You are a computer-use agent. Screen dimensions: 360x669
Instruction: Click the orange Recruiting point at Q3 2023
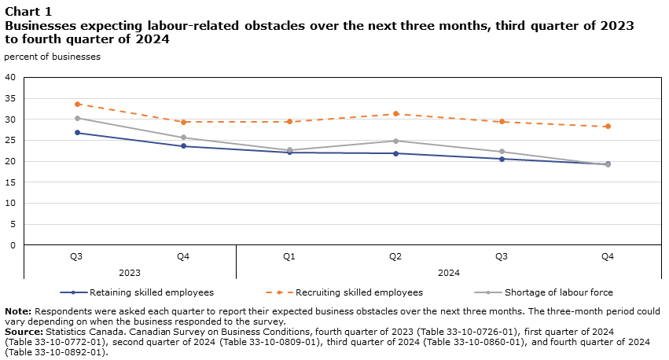click(77, 104)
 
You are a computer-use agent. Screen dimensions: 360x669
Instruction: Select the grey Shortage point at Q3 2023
click(77, 118)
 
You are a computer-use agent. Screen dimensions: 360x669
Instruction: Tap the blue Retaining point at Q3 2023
click(77, 132)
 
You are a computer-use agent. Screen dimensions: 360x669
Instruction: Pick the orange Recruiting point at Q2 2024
click(395, 114)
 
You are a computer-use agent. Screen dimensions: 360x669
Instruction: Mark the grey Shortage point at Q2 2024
click(395, 141)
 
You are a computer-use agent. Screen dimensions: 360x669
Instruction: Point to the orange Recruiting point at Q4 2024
click(608, 127)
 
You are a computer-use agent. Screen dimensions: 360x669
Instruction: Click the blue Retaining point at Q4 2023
click(183, 146)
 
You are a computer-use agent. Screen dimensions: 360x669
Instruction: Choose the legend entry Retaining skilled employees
click(152, 292)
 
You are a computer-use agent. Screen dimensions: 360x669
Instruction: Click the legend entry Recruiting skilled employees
click(359, 292)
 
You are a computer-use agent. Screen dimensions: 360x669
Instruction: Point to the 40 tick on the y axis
click(10, 77)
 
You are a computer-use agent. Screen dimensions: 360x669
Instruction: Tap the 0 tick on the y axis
click(13, 245)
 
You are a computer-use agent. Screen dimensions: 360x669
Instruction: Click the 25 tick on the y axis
click(10, 140)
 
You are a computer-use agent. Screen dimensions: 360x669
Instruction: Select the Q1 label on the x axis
click(289, 256)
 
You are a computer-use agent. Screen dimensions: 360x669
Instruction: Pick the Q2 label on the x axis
click(395, 256)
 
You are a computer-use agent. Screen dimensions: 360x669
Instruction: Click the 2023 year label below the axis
click(130, 273)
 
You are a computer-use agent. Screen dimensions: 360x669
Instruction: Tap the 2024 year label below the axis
click(449, 273)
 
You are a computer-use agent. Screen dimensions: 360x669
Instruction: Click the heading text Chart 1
click(28, 11)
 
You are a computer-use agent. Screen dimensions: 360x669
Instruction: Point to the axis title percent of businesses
click(52, 56)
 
